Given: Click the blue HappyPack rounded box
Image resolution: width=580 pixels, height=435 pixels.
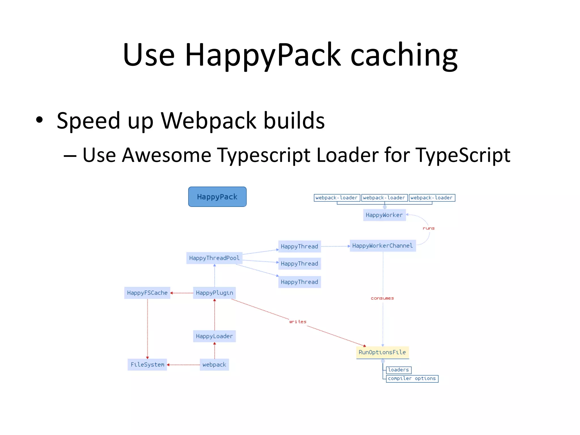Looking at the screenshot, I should [x=217, y=197].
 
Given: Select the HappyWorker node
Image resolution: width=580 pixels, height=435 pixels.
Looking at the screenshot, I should [x=384, y=215].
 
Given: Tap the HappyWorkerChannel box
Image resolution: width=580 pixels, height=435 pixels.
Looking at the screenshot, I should [x=383, y=246].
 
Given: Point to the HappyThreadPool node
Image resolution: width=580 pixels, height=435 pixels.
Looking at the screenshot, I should [x=214, y=258].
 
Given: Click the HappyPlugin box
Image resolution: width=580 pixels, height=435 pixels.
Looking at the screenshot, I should [x=214, y=293].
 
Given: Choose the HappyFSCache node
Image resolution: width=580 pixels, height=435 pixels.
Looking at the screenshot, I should [x=147, y=293].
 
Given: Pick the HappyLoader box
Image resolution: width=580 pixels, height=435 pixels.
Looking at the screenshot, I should [x=214, y=336].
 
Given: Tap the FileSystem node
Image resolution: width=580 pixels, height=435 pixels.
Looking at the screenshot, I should [x=147, y=364].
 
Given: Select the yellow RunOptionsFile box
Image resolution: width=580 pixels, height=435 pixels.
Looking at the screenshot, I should [x=382, y=352].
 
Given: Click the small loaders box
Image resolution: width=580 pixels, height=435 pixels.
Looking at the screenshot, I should [x=398, y=370].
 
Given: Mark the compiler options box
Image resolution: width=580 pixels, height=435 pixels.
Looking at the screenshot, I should [x=412, y=379].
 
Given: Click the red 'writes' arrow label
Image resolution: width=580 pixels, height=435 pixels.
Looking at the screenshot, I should [x=298, y=322].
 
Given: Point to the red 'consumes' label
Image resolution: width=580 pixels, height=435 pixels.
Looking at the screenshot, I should [x=382, y=298].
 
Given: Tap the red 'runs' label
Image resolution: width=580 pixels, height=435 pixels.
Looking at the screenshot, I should [x=428, y=228].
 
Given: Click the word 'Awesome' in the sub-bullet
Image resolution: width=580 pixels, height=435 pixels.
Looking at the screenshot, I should [x=167, y=155].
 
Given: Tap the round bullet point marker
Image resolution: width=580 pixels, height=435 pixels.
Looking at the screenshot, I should [x=39, y=120].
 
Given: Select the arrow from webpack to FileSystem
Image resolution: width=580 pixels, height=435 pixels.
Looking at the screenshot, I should [x=183, y=365].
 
